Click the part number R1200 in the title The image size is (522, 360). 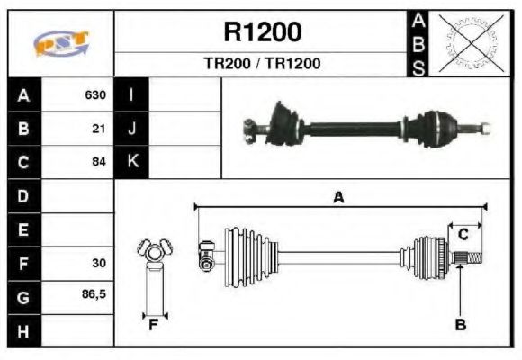coord(262,32)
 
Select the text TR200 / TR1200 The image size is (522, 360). coord(262,64)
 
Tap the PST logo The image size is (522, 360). coord(61,43)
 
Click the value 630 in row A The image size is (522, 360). coord(95,95)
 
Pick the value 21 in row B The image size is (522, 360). coord(100,129)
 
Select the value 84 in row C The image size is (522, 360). coord(100,163)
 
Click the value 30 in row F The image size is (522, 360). coord(100,264)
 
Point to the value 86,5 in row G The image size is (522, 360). coord(95,295)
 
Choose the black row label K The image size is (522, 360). coord(132,163)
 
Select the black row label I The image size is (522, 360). coord(132,95)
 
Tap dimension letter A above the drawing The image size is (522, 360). coord(338,198)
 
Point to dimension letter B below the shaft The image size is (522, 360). coord(460,325)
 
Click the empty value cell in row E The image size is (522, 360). coord(79,229)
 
